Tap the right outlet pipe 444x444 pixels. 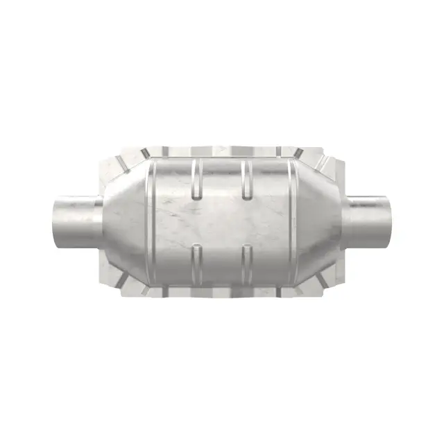tap(371, 222)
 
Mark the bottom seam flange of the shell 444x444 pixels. tap(222, 292)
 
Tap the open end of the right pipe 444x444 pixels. tap(391, 222)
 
